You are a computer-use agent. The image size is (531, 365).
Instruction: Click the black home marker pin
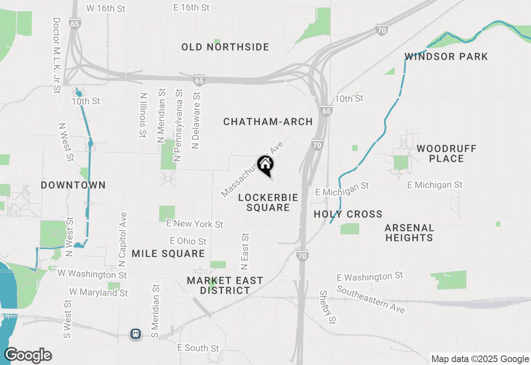tap(265, 165)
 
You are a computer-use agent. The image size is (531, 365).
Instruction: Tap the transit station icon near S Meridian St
tap(136, 333)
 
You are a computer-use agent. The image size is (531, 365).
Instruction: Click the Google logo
tap(28, 355)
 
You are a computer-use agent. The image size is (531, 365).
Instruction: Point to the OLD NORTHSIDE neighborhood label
tap(225, 47)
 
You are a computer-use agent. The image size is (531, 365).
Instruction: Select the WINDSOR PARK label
tap(446, 57)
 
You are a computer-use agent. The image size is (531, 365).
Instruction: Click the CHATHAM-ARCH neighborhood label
tap(268, 122)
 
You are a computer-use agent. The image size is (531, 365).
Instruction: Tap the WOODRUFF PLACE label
tap(446, 153)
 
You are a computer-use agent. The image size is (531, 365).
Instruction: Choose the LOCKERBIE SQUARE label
tap(268, 202)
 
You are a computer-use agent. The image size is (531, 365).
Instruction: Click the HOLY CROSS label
tap(348, 214)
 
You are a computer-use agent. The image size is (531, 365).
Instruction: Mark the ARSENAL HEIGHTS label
tap(409, 233)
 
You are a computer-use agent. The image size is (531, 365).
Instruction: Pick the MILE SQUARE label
tap(168, 253)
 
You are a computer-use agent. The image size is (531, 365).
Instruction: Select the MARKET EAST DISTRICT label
tap(225, 285)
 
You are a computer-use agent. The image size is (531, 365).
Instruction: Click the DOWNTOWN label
tap(73, 185)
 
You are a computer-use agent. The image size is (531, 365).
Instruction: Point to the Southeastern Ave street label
tap(370, 299)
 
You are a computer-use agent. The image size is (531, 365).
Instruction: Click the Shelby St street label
tap(327, 307)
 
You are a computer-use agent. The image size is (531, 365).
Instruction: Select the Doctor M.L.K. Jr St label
tap(57, 55)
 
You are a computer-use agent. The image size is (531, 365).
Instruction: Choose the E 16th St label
tap(192, 7)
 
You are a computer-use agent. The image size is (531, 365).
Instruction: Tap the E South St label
tap(198, 348)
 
